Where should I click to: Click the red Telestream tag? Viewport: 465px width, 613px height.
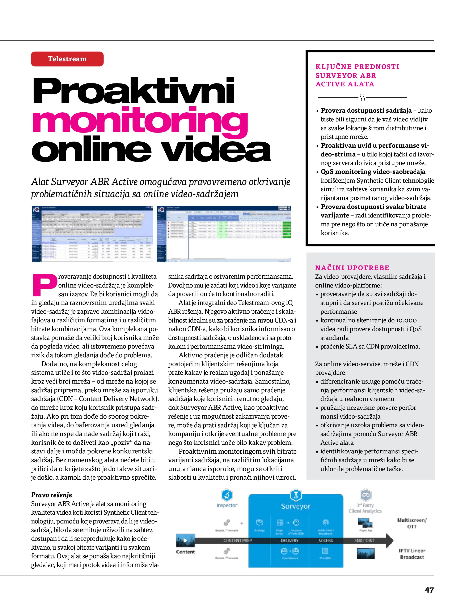click(x=67, y=59)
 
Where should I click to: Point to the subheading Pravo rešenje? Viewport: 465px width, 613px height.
click(x=52, y=495)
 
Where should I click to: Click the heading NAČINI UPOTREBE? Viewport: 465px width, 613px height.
click(x=352, y=268)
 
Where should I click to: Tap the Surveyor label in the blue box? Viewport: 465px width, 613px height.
click(x=296, y=507)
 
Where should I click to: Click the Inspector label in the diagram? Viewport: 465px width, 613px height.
click(x=227, y=505)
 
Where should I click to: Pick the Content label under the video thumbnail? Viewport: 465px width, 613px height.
click(x=186, y=552)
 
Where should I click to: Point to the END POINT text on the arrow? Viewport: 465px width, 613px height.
click(x=364, y=540)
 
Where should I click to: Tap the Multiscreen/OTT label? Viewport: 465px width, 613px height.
click(x=412, y=523)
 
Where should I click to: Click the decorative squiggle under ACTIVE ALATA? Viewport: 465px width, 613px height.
click(x=362, y=97)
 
